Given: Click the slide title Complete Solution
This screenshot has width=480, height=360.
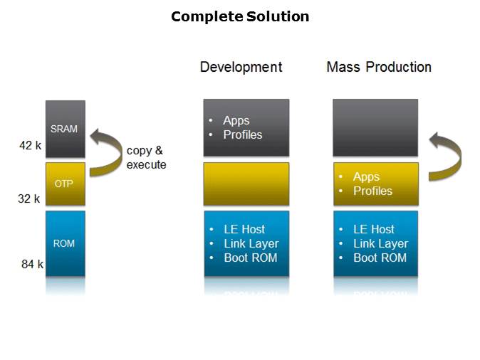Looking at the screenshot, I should click(240, 16).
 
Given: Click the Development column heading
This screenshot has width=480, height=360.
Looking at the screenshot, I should click(241, 67).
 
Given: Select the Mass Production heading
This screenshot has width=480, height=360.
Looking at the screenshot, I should click(379, 67).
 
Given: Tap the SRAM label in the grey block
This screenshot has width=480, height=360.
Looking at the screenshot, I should click(64, 129).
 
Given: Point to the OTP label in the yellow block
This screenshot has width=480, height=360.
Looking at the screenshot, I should click(64, 183).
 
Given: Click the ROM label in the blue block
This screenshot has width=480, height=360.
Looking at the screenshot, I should click(64, 243).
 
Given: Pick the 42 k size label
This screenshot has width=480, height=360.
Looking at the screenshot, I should click(30, 146).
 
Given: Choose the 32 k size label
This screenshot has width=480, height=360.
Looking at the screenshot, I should click(29, 199).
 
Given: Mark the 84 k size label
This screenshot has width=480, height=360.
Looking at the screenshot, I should click(32, 265).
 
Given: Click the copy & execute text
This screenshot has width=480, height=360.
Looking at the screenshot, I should click(146, 157).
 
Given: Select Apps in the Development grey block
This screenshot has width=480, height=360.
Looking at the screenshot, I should click(236, 121).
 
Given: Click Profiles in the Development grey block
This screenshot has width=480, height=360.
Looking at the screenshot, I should click(242, 134).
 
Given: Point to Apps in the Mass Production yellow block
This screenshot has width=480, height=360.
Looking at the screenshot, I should click(366, 177).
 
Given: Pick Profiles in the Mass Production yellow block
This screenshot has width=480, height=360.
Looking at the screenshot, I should click(372, 191).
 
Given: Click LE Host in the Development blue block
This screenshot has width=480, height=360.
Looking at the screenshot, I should click(244, 229).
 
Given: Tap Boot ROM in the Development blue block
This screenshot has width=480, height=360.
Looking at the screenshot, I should click(251, 258).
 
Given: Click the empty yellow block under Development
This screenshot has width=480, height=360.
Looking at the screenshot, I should click(246, 184).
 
